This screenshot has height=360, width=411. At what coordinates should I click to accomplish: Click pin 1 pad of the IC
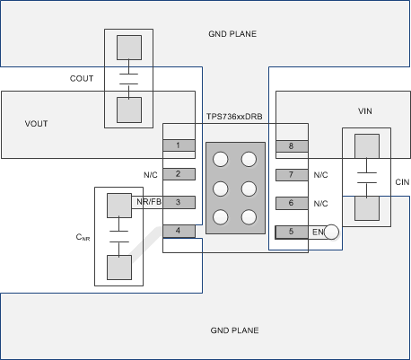point(178,145)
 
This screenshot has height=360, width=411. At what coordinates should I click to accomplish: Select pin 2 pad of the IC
point(178,174)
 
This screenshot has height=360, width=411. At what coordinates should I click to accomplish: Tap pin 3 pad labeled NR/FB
point(178,203)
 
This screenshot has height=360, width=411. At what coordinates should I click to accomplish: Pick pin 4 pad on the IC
point(178,232)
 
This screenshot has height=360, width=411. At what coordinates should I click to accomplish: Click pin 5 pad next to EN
point(291,233)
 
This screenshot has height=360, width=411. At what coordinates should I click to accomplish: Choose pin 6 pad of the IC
point(291,204)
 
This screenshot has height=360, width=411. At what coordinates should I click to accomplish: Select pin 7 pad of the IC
point(291,175)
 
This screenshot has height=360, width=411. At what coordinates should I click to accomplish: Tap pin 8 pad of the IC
point(291,146)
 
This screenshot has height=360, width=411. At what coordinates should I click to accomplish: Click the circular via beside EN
point(332,233)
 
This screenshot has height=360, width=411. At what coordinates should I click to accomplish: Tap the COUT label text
point(82,79)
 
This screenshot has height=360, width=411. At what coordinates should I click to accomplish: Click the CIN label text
point(400,181)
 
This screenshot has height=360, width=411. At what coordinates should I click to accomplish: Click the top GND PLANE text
point(232,34)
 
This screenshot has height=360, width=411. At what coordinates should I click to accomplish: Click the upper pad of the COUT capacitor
point(131,48)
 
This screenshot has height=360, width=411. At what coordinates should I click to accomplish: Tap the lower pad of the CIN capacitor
point(366,208)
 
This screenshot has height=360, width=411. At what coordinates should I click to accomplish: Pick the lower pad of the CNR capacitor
point(118,268)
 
